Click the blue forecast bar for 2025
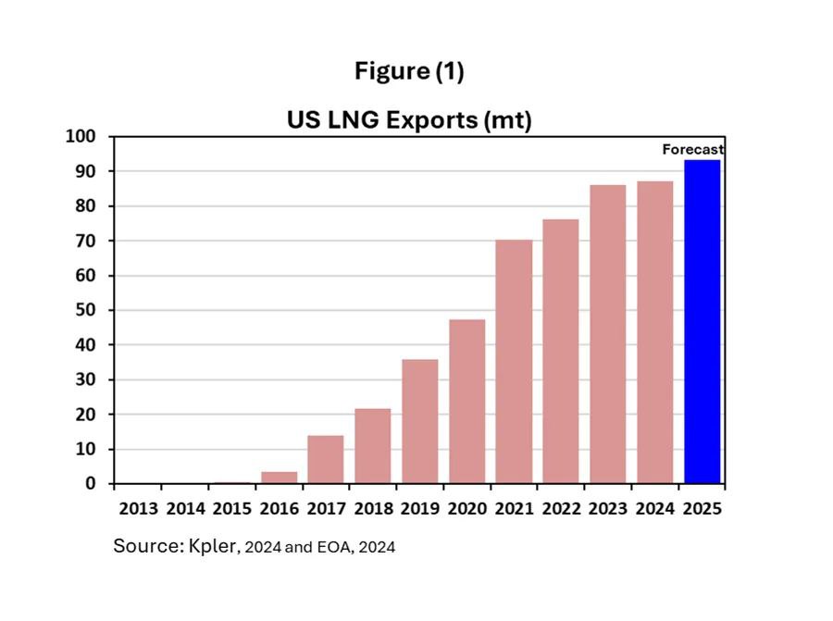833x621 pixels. pyautogui.click(x=702, y=322)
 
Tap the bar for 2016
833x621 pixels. pyautogui.click(x=280, y=478)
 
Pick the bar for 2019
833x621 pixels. pyautogui.click(x=420, y=421)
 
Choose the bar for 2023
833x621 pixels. pyautogui.click(x=608, y=334)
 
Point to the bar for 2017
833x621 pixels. pyautogui.click(x=326, y=459)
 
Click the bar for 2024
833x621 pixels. pyautogui.click(x=654, y=332)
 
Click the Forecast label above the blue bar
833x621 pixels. pyautogui.click(x=693, y=149)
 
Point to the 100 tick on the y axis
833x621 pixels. pyautogui.click(x=81, y=137)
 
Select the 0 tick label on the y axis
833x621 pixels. pyautogui.click(x=91, y=484)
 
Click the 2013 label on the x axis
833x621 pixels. pyautogui.click(x=138, y=508)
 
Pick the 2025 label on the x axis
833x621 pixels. pyautogui.click(x=702, y=508)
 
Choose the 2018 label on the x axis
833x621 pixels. pyautogui.click(x=373, y=508)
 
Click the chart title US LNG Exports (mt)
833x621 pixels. pyautogui.click(x=408, y=120)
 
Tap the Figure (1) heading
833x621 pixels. pyautogui.click(x=409, y=71)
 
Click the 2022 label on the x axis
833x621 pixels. pyautogui.click(x=561, y=508)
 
